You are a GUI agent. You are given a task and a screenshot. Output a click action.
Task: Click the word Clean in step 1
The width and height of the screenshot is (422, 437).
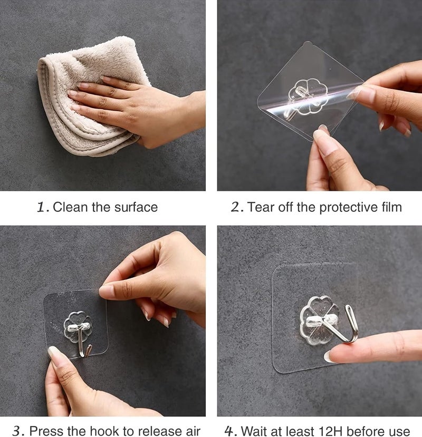70,207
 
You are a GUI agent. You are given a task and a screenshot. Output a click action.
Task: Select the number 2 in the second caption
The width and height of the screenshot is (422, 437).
236,207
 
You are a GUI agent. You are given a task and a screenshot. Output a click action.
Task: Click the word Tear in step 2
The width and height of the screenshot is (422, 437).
261,207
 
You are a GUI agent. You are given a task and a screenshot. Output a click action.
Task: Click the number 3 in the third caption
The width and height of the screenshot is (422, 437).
17,431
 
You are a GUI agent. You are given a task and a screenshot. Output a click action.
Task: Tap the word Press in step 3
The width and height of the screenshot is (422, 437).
43,431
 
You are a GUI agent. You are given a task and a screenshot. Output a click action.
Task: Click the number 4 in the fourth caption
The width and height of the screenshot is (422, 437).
231,431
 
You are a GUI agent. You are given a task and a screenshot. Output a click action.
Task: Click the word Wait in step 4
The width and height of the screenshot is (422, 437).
254,431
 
